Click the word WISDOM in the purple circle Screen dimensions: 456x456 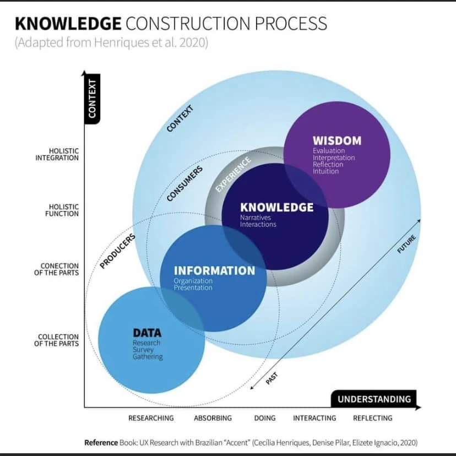pos(337,140)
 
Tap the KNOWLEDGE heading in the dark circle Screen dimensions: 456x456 pos(276,207)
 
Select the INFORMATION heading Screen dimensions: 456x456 pos(214,270)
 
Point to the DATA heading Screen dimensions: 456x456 pos(147,333)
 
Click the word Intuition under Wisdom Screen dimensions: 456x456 pos(325,171)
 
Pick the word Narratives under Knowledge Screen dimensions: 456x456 pos(255,218)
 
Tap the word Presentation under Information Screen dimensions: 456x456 pos(193,287)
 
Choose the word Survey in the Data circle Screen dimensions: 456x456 pos(143,350)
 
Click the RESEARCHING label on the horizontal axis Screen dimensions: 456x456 pos(151,418)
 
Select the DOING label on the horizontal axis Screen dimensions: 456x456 pos(265,418)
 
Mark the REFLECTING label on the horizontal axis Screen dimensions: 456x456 pos(373,418)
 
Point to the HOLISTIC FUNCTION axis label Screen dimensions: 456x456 pos(62,210)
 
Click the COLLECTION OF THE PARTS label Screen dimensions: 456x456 pos(58,340)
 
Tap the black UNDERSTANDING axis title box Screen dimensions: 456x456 pos(374,399)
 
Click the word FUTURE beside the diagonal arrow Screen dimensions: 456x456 pos(406,244)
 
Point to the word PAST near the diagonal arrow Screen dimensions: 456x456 pos(272,378)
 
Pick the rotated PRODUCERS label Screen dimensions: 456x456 pos(117,251)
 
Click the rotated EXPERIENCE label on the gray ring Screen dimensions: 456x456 pos(234,174)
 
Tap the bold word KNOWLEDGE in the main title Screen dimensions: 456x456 pos(68,23)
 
